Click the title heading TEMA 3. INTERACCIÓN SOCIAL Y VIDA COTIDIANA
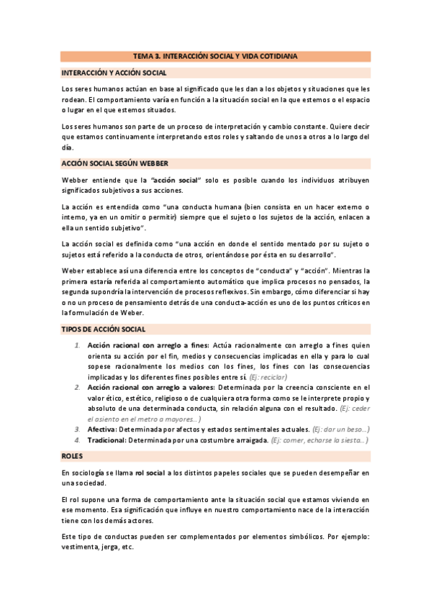[215, 55]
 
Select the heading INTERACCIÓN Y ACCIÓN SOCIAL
[114, 73]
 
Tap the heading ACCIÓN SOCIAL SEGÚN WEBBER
[115, 163]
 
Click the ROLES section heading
[72, 456]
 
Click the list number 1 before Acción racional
[78, 346]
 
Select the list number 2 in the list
[78, 387]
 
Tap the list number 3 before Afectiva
[78, 429]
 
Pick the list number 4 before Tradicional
[78, 440]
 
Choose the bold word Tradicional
[106, 440]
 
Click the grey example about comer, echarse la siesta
[319, 440]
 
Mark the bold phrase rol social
[150, 473]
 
